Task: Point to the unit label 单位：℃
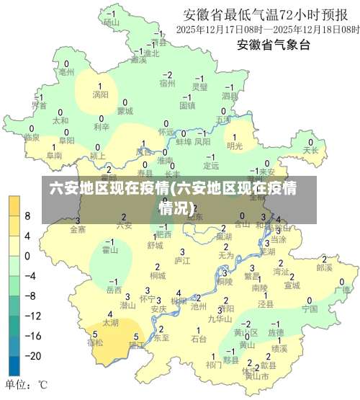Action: [27, 384]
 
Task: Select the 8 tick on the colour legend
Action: [27, 215]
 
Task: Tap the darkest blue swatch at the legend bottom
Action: [14, 365]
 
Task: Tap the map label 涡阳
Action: [100, 94]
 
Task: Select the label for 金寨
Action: [78, 229]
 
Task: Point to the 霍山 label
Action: [110, 250]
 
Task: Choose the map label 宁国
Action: [310, 308]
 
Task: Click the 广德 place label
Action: [342, 290]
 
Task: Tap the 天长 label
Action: [311, 151]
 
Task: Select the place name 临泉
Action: [31, 137]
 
